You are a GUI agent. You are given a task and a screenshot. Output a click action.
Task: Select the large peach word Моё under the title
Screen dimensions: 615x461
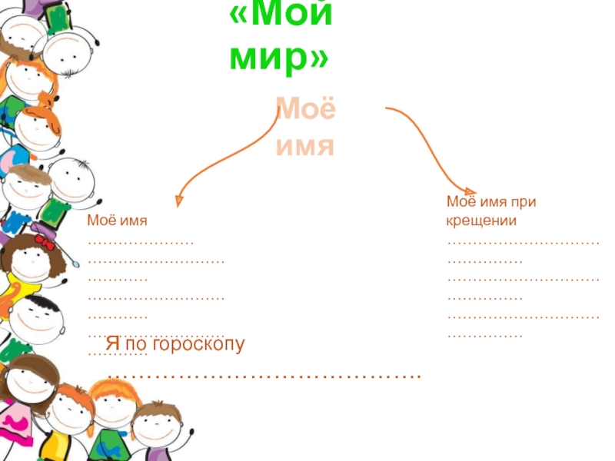[305, 109]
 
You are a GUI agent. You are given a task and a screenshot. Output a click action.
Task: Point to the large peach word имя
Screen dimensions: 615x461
[305, 144]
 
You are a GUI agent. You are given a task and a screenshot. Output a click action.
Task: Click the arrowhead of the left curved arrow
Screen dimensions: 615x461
[178, 201]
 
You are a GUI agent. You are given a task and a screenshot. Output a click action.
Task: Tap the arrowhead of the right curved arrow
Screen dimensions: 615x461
[470, 191]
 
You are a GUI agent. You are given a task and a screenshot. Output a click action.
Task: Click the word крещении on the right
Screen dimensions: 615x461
[481, 221]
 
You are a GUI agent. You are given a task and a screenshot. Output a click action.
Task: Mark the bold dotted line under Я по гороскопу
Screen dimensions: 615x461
[264, 375]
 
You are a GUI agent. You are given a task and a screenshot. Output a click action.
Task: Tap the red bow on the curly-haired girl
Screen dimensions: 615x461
[45, 243]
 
